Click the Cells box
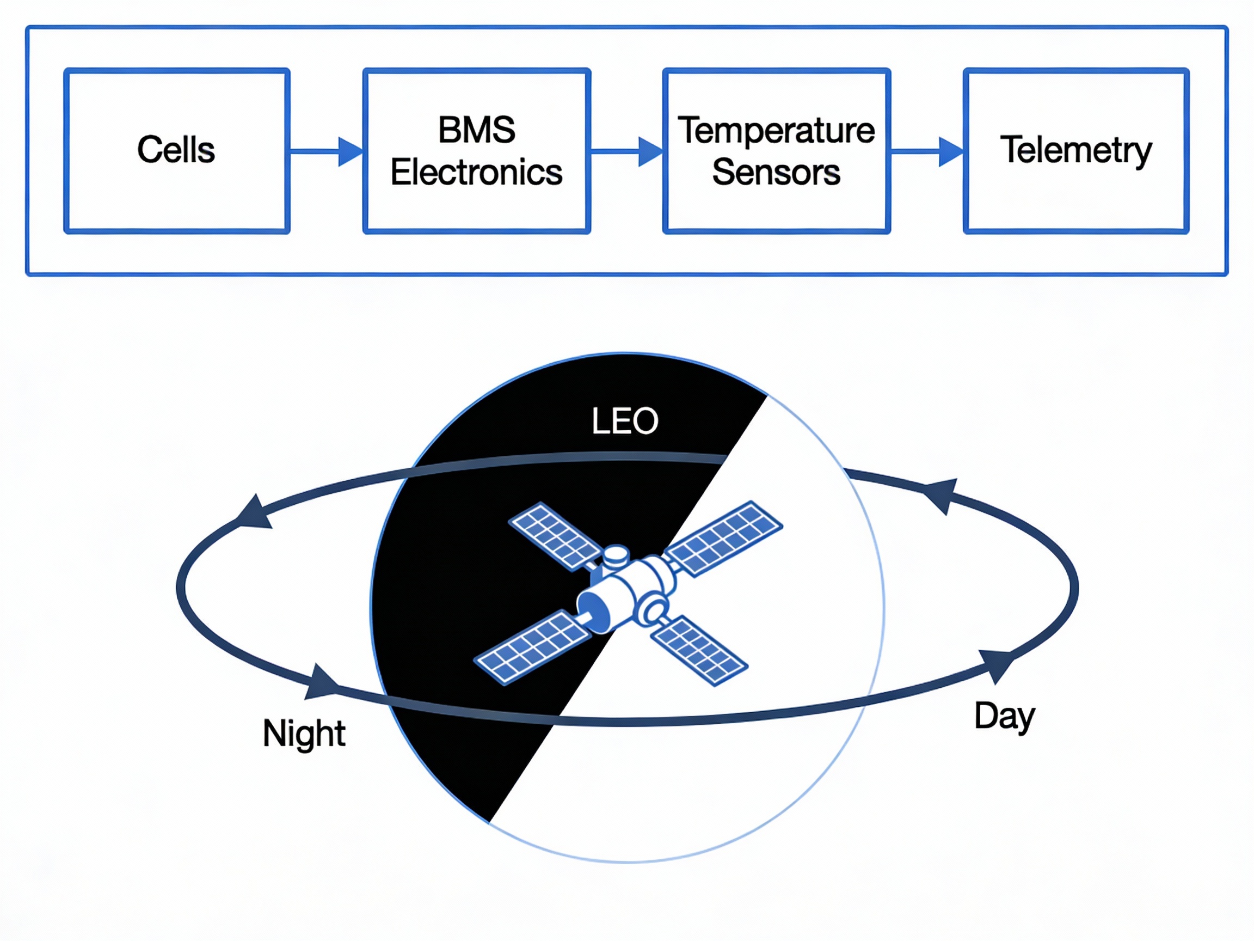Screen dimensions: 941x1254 pos(177,151)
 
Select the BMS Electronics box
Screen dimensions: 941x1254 pos(476,151)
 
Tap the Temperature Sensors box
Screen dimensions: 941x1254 pos(776,151)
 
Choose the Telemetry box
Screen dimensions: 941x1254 pos(1075,151)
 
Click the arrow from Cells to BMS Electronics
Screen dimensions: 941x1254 pos(327,151)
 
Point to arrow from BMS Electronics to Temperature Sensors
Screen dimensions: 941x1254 pos(626,151)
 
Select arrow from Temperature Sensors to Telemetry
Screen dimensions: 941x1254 pos(927,151)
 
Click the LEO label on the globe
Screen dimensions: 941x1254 pos(625,421)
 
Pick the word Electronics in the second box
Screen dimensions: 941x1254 pos(476,173)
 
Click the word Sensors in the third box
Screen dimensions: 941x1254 pos(776,173)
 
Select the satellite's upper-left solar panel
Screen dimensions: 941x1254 pos(555,535)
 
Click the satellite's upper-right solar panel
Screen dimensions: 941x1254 pos(724,537)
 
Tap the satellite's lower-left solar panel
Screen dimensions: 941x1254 pos(532,647)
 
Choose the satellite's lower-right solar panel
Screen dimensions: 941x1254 pos(699,650)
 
